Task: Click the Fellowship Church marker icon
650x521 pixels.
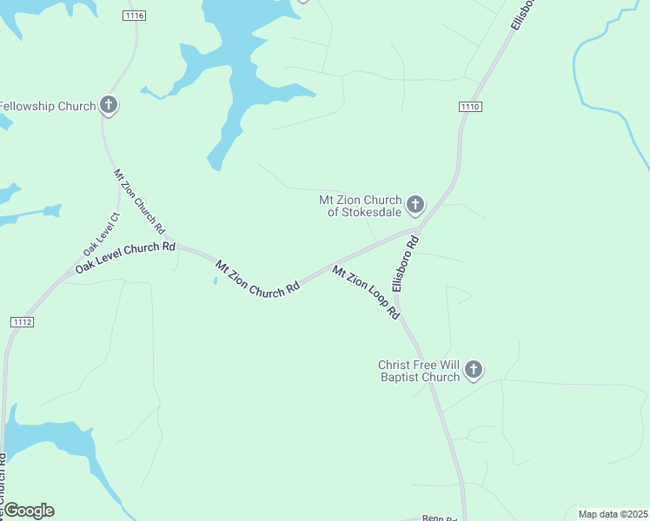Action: pyautogui.click(x=109, y=106)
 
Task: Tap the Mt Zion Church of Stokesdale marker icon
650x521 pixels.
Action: pyautogui.click(x=415, y=205)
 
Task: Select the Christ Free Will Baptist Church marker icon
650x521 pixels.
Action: pyautogui.click(x=474, y=370)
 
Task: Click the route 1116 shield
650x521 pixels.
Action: pyautogui.click(x=135, y=16)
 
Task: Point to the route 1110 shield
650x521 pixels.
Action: pyautogui.click(x=470, y=106)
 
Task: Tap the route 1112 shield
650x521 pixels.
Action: pyautogui.click(x=23, y=322)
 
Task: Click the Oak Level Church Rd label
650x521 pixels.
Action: pyautogui.click(x=125, y=258)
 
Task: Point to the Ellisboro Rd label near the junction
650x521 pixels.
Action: pyautogui.click(x=405, y=265)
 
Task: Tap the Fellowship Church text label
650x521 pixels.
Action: pyautogui.click(x=47, y=106)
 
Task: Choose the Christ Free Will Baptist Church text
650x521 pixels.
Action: pyautogui.click(x=419, y=371)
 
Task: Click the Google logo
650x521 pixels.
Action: pyautogui.click(x=28, y=511)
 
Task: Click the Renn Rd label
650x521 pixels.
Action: pyautogui.click(x=439, y=518)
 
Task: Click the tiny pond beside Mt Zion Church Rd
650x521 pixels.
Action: pyautogui.click(x=215, y=280)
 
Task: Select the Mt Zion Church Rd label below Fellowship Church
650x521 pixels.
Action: pyautogui.click(x=139, y=201)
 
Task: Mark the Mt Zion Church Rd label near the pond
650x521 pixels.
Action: pyautogui.click(x=257, y=280)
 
